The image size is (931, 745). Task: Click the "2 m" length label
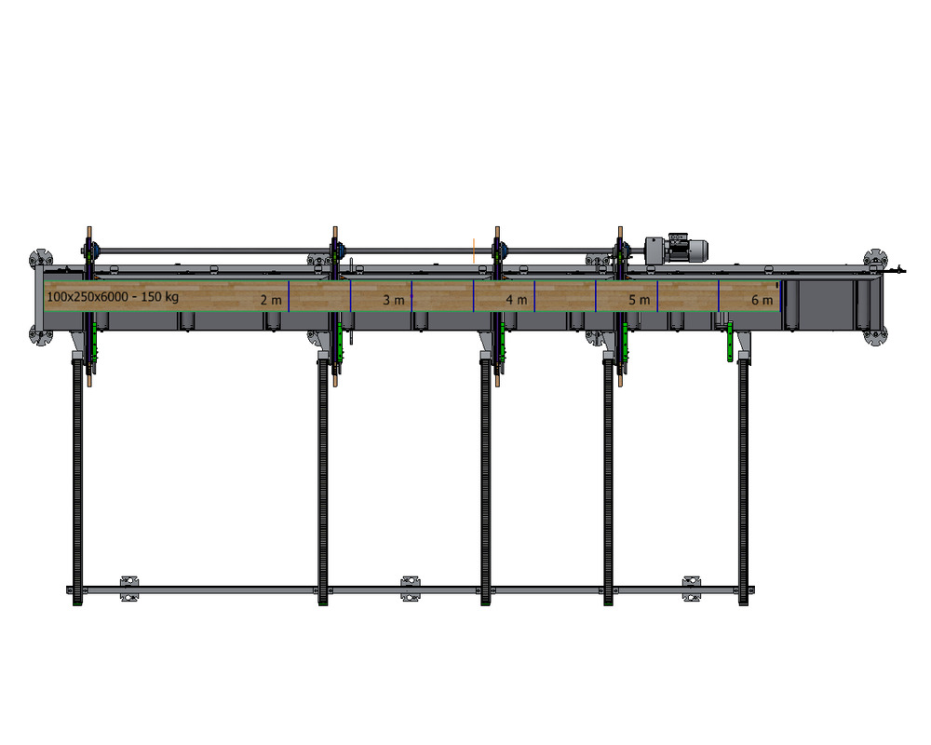coord(271,300)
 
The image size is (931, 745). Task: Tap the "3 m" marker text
coord(394,300)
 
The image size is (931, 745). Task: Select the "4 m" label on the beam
coord(517,300)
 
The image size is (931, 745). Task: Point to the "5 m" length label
coord(640,300)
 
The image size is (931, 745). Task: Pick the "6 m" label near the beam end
coord(762,300)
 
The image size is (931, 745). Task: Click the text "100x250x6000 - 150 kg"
coord(113,296)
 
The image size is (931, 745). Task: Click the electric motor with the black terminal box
coord(686,249)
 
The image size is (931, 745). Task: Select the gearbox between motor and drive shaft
coord(654,251)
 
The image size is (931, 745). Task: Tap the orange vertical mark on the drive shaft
coord(474,251)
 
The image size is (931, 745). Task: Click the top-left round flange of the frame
coord(40,259)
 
